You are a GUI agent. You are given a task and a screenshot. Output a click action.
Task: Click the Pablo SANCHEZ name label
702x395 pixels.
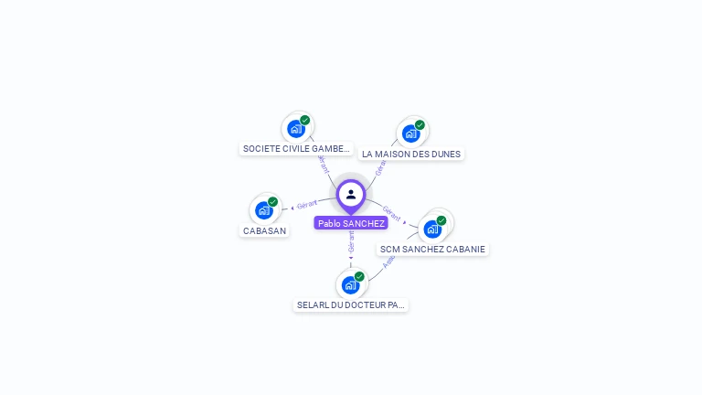point(351,223)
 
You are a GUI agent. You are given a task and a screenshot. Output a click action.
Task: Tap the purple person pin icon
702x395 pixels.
point(351,195)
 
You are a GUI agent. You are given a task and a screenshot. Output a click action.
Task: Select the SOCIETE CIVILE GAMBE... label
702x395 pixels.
point(296,148)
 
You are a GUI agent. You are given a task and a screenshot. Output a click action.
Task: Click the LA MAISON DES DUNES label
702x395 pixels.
point(411,154)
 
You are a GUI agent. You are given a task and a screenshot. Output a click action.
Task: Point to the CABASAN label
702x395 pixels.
point(265,230)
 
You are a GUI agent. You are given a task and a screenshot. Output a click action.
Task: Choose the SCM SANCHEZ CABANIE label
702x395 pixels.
point(432,249)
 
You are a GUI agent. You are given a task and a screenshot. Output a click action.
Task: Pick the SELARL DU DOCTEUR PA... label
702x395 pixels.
point(351,304)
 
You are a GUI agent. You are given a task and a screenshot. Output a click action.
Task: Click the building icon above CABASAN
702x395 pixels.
point(264,210)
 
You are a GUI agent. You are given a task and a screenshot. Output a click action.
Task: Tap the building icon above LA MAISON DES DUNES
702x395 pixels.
point(410,133)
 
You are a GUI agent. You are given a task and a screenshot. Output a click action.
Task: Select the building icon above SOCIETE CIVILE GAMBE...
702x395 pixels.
point(295,128)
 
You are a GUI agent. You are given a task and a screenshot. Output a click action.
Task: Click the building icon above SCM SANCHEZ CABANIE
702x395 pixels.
point(432,229)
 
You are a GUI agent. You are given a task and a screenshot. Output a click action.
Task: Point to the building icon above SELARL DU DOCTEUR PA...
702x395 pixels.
point(350,284)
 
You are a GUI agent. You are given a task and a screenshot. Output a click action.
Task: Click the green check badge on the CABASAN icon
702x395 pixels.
point(272,202)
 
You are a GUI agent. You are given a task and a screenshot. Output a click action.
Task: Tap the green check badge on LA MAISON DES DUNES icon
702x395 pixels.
point(420,125)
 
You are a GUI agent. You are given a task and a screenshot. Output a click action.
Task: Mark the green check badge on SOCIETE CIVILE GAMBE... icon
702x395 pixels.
point(304,120)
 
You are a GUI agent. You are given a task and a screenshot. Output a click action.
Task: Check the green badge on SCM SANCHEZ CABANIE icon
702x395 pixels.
point(441,220)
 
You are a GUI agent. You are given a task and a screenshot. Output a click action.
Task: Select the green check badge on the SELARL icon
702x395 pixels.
point(359,276)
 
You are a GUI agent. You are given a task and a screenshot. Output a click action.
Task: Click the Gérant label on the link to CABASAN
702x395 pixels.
point(307,204)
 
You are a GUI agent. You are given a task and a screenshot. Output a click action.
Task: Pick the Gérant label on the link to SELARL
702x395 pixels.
point(351,241)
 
